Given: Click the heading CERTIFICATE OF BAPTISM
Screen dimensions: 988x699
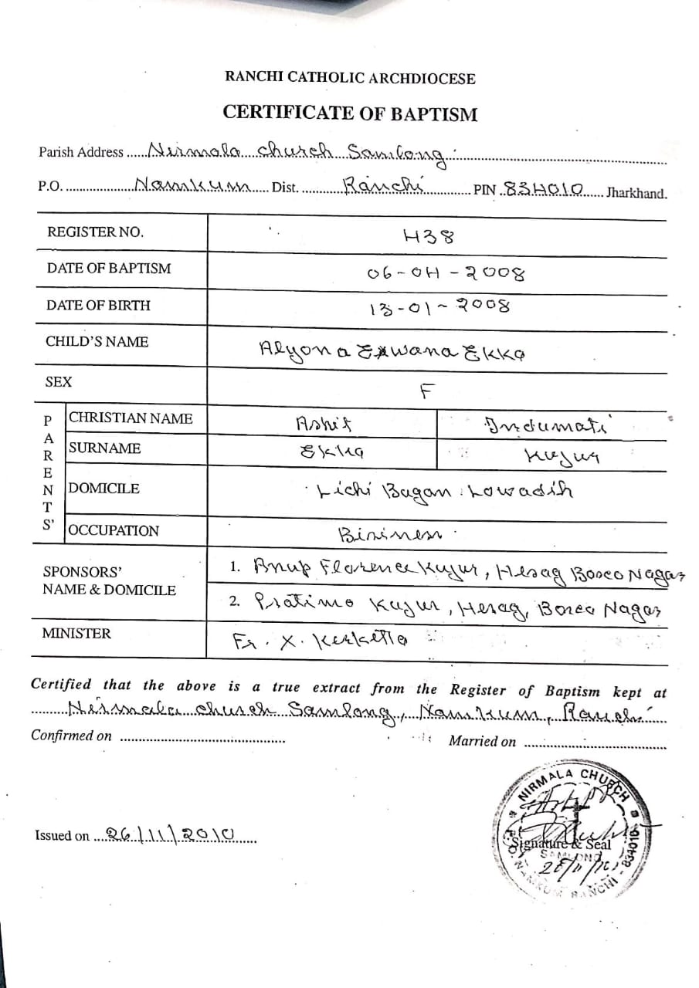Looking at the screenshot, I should (350, 113).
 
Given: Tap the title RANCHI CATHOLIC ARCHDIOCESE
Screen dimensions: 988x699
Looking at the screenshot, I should (350, 78).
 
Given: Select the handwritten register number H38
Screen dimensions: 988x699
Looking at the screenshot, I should (428, 235).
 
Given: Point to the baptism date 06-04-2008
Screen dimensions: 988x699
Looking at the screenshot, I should (446, 273).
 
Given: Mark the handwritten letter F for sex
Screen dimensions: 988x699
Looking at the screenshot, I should (424, 390).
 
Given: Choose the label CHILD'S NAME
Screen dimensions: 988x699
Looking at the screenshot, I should (97, 341).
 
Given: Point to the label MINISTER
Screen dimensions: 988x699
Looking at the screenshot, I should (76, 634).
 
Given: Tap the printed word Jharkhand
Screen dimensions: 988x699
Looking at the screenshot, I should (636, 193).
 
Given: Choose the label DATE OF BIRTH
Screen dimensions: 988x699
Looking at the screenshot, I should (98, 305).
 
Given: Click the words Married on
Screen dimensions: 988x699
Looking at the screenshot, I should (482, 741).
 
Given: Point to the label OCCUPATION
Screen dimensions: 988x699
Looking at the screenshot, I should (114, 530).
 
